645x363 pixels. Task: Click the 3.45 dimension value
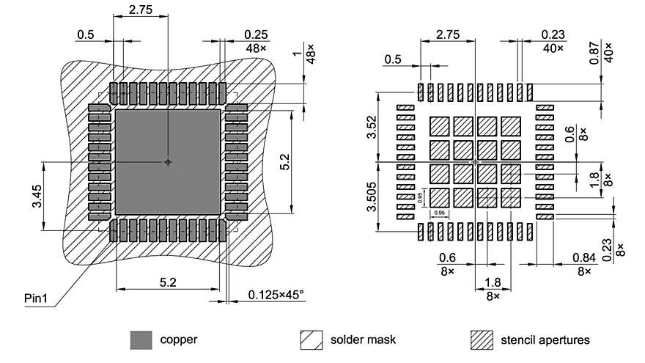(x=36, y=196)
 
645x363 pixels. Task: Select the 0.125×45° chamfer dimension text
(x=275, y=294)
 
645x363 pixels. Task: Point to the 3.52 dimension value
(x=372, y=126)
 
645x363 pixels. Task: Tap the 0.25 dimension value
(x=257, y=34)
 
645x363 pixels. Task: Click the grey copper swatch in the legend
(x=141, y=340)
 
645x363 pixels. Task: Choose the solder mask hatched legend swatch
(x=312, y=340)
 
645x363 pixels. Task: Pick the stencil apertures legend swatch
(x=481, y=340)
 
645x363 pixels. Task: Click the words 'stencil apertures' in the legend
(x=545, y=340)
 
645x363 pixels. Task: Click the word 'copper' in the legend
(x=178, y=340)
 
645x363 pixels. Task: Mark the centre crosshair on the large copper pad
(x=168, y=161)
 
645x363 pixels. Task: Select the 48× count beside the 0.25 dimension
(x=257, y=48)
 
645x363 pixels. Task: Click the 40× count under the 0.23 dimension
(x=553, y=48)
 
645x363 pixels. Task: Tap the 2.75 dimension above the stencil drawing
(x=447, y=34)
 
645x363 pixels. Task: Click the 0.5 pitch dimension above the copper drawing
(x=86, y=34)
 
